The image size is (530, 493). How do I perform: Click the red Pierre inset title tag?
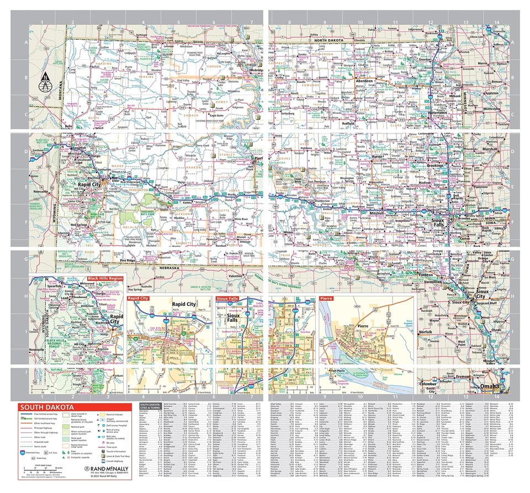click(326, 298)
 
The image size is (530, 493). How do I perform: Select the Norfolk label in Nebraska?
click(426, 332)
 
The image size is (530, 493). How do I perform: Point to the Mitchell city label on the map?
click(377, 213)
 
